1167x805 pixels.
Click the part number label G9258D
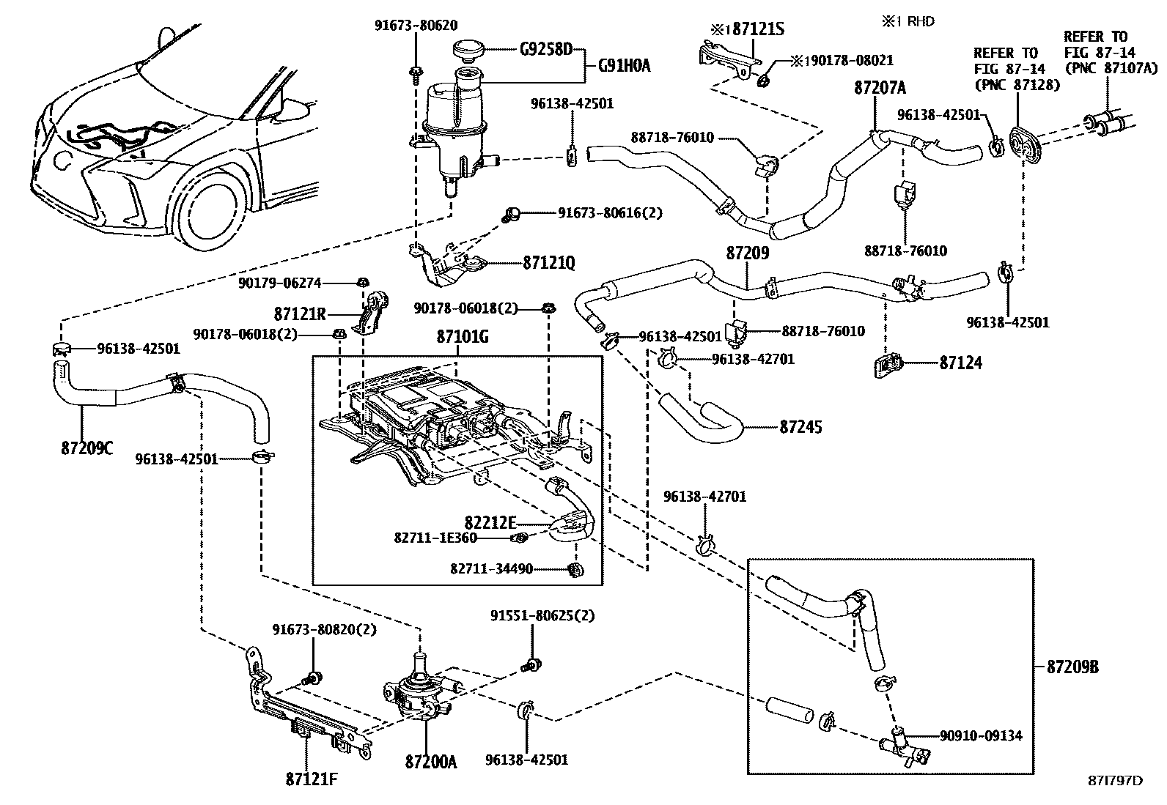pyautogui.click(x=545, y=50)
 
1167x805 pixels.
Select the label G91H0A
pyautogui.click(x=624, y=67)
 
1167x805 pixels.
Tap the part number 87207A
pyautogui.click(x=880, y=88)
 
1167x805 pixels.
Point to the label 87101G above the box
pyautogui.click(x=462, y=337)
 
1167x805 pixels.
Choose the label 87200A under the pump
pyautogui.click(x=430, y=762)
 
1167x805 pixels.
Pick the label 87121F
pyautogui.click(x=312, y=778)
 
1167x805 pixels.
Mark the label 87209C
pyautogui.click(x=87, y=447)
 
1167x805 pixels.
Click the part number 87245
pyautogui.click(x=800, y=426)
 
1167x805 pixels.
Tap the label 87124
pyautogui.click(x=960, y=363)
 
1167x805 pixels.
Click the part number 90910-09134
pyautogui.click(x=981, y=735)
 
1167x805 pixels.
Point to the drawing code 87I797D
pyautogui.click(x=1115, y=781)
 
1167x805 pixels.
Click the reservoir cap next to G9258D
pyautogui.click(x=464, y=50)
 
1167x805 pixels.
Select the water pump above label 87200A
pyautogui.click(x=418, y=692)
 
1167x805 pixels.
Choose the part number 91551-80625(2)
pyautogui.click(x=542, y=615)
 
